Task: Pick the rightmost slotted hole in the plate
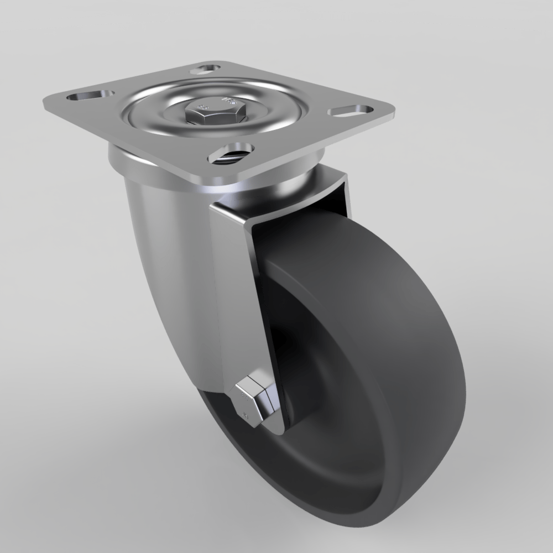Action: pos(348,111)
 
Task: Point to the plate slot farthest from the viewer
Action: pos(205,70)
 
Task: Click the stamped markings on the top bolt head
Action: pos(229,102)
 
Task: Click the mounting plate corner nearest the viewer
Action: pos(213,180)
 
